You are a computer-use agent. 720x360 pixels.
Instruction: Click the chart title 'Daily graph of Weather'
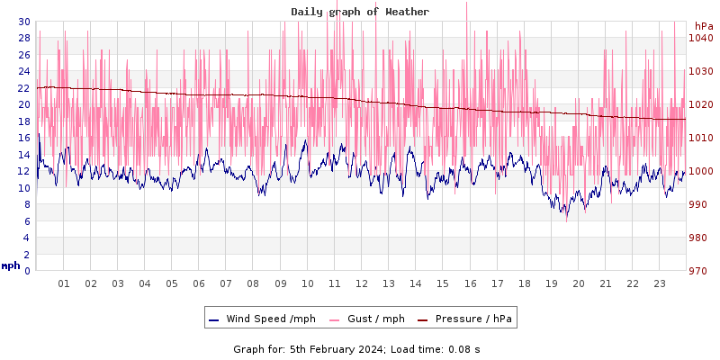tap(359, 12)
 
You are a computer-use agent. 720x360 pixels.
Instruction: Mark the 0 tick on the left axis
tap(27, 271)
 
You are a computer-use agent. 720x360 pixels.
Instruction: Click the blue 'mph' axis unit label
tap(11, 265)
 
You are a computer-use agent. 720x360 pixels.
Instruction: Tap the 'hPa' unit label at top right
tap(703, 26)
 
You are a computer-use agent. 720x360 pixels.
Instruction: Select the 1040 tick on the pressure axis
tap(701, 38)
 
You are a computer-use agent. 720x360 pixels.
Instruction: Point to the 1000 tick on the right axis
tap(701, 171)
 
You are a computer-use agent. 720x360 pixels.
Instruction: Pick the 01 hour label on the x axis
tap(64, 283)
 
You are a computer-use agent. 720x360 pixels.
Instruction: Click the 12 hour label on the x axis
tap(362, 283)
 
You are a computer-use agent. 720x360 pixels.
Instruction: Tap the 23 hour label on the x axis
tap(660, 283)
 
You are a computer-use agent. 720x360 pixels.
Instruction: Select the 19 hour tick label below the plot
tap(552, 283)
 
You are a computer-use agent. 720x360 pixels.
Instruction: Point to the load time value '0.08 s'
tap(464, 348)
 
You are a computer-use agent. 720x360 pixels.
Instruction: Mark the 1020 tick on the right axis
tap(701, 104)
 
